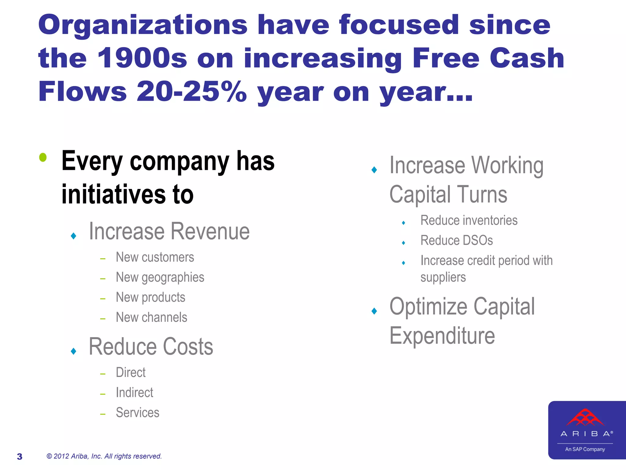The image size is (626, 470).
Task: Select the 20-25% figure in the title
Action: (192, 91)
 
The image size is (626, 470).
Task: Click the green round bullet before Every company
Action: (43, 157)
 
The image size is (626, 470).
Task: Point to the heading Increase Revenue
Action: (169, 231)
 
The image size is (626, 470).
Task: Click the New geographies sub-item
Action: (160, 278)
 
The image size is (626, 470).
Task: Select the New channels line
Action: (151, 318)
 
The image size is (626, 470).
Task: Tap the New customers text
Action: (155, 257)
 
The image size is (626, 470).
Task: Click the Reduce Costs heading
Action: (151, 347)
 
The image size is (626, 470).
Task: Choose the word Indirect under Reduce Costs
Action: (134, 393)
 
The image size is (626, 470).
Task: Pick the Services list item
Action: (138, 413)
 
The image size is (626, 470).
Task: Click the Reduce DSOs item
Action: (456, 241)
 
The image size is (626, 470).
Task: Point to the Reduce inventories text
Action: (469, 221)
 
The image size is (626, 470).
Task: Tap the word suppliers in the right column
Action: (443, 278)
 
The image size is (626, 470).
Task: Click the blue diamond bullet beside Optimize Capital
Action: (374, 311)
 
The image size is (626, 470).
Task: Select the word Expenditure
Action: (442, 336)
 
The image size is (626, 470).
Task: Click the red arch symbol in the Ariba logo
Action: (585, 417)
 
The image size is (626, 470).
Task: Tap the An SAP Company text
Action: (585, 449)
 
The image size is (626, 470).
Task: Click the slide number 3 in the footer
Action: (20, 457)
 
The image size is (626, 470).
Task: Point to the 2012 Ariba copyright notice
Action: (104, 456)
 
